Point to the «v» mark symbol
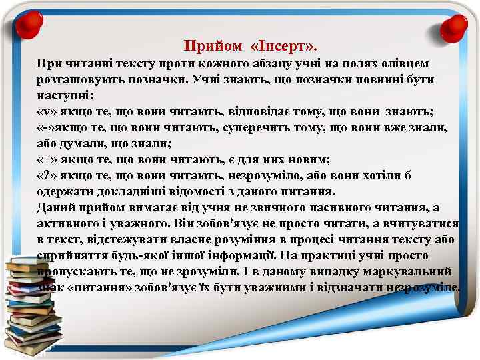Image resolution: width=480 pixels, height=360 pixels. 46,111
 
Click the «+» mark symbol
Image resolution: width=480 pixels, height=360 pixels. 46,159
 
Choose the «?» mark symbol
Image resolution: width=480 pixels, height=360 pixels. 46,175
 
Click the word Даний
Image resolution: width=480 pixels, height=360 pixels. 55,207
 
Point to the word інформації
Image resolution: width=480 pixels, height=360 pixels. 253,256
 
